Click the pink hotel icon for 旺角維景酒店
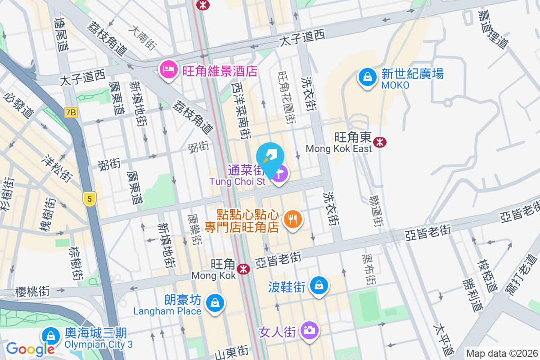[168, 70]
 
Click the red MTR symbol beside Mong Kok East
[380, 142]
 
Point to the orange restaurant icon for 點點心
[293, 220]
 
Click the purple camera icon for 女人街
[309, 330]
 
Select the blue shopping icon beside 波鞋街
[319, 285]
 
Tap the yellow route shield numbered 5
[90, 198]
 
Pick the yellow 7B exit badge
[71, 112]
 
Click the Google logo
[30, 349]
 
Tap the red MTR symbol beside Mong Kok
[244, 269]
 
